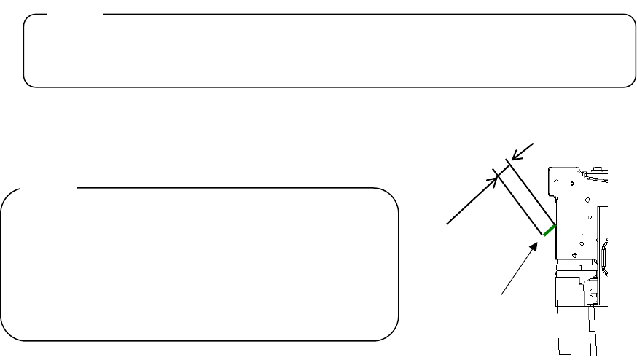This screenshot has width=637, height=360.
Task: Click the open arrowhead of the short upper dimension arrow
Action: (515, 155)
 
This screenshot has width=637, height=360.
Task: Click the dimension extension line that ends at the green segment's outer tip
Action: (520, 203)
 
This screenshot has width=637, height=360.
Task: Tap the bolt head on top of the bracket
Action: (596, 169)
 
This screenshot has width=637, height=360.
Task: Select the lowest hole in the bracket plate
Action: (576, 255)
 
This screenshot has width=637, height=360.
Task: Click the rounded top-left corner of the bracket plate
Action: (551, 169)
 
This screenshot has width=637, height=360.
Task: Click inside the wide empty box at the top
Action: (328, 51)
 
